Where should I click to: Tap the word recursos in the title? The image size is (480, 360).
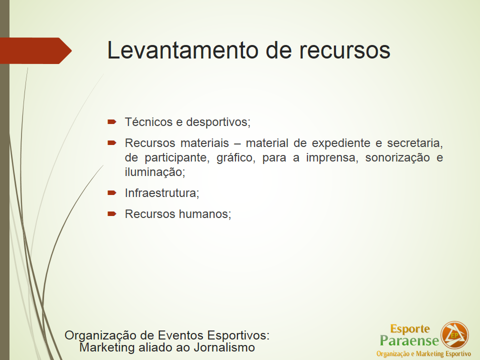(344, 51)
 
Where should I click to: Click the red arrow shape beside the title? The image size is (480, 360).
(36, 51)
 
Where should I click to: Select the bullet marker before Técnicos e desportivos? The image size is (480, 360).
(111, 122)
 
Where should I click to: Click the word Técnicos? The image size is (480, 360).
(149, 122)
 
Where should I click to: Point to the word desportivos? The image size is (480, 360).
(218, 122)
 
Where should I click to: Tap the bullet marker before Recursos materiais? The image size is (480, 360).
(111, 143)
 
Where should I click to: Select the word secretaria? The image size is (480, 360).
(415, 143)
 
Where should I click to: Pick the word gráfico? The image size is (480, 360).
(235, 158)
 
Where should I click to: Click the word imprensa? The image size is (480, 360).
(332, 158)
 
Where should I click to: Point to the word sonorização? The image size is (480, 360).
(397, 158)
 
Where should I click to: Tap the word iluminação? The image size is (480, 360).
(155, 172)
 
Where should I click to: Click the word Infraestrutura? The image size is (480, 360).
(162, 193)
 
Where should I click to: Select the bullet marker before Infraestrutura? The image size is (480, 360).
(111, 193)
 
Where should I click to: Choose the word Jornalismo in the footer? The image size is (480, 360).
(224, 348)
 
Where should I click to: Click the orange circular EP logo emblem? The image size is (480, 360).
(454, 335)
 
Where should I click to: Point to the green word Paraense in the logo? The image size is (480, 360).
(409, 340)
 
